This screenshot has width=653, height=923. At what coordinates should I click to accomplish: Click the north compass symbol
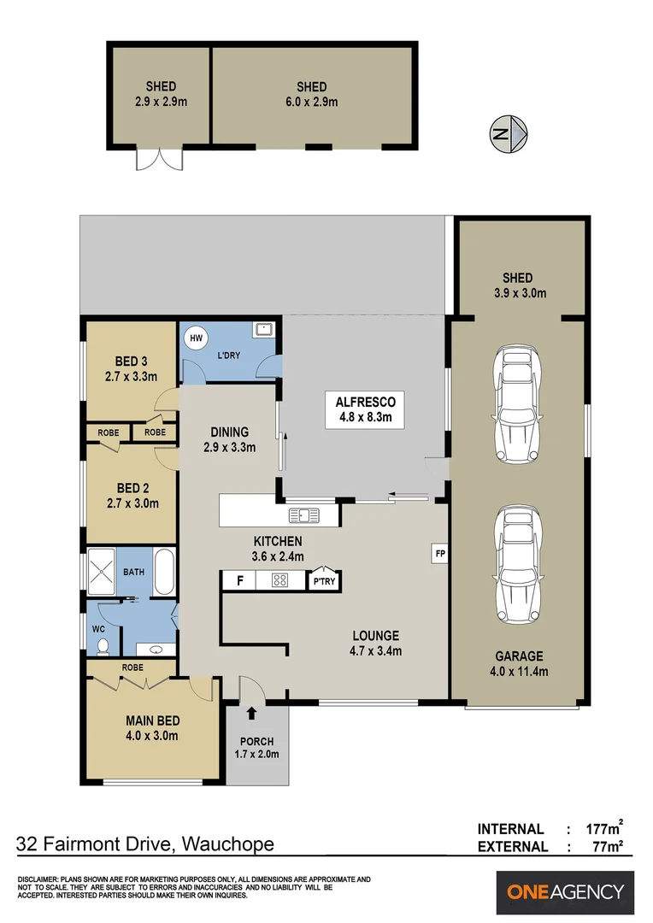coord(509,133)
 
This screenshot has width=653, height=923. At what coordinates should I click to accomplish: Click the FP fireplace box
coord(439,553)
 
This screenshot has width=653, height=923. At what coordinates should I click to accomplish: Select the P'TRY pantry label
coord(323,581)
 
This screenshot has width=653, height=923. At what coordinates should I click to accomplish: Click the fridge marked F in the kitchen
coord(240,581)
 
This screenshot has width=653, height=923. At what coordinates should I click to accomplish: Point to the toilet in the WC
coord(102,645)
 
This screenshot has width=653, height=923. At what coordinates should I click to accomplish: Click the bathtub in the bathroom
coord(165,572)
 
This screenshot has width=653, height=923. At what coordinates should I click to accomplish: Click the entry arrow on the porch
coord(252,714)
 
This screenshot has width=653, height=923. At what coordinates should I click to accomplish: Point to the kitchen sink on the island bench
coord(303,514)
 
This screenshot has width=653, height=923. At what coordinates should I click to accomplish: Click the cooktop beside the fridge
coord(279,581)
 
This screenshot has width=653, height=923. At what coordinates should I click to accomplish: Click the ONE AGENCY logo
coord(565,892)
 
